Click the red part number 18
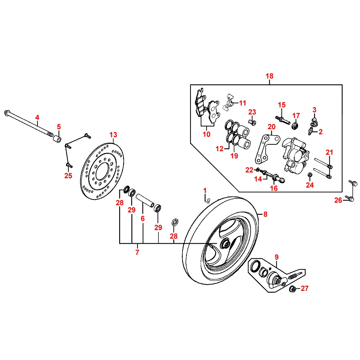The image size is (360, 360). pyautogui.click(x=270, y=76)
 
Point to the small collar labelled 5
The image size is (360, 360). pyautogui.click(x=57, y=139)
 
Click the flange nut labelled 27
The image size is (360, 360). pyautogui.click(x=293, y=288)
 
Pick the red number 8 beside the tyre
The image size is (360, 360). pyautogui.click(x=265, y=215)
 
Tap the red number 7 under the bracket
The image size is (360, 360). pyautogui.click(x=137, y=252)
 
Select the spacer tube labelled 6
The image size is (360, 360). pyautogui.click(x=146, y=201)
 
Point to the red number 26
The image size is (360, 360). pyautogui.click(x=338, y=201)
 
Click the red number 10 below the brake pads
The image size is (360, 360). pyautogui.click(x=206, y=134)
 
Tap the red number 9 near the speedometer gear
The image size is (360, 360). pyautogui.click(x=276, y=257)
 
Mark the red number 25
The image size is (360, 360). pyautogui.click(x=68, y=176)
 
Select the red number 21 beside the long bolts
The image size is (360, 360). pyautogui.click(x=329, y=152)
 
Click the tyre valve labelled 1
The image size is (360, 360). pyautogui.click(x=207, y=199)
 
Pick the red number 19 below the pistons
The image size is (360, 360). pyautogui.click(x=234, y=156)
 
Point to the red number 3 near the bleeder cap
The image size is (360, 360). pyautogui.click(x=314, y=109)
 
